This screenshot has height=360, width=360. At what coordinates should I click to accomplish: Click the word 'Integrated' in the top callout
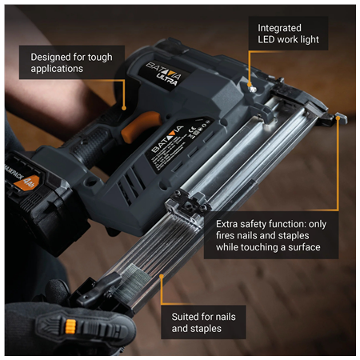coord(280,28)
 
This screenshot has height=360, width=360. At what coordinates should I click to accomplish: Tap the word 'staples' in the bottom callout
coord(206,329)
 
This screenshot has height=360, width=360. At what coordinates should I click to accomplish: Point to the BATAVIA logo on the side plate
coord(168,138)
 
